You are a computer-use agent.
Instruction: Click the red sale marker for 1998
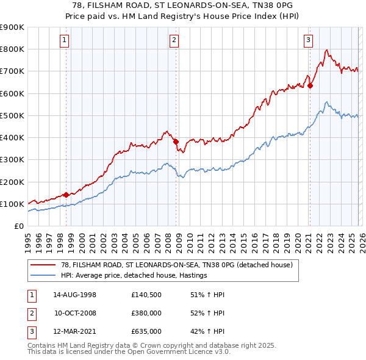(x=66, y=195)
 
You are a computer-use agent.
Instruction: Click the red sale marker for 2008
(x=176, y=142)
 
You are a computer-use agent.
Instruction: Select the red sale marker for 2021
(x=310, y=85)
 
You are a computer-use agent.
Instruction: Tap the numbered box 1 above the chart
(x=65, y=40)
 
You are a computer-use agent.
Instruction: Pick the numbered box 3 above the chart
(x=309, y=40)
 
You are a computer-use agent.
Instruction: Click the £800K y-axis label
(x=12, y=49)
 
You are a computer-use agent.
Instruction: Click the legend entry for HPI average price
(x=134, y=275)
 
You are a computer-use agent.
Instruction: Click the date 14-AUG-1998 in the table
(x=74, y=295)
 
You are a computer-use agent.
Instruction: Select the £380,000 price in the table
(x=146, y=314)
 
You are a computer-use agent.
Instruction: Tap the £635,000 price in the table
(x=146, y=332)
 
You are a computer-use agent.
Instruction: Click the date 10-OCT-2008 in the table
(x=74, y=314)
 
